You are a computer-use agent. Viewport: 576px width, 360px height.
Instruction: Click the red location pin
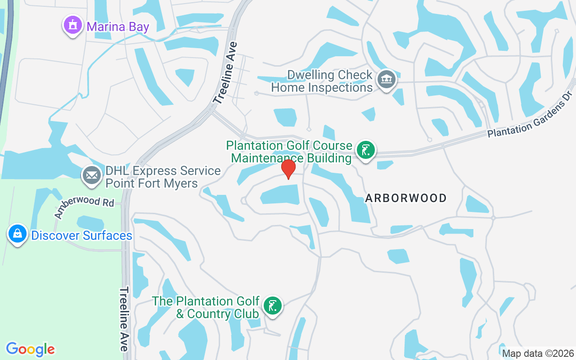[288, 169]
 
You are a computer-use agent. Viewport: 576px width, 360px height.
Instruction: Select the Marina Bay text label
[118, 27]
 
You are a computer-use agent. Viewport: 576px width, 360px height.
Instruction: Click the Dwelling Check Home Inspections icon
[386, 80]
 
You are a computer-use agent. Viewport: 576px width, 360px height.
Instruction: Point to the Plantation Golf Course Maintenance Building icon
[366, 150]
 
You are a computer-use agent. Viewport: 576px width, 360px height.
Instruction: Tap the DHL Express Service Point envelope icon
[92, 176]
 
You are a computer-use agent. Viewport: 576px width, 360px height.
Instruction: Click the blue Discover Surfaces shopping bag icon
[18, 234]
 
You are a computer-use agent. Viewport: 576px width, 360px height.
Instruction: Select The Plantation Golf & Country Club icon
[272, 306]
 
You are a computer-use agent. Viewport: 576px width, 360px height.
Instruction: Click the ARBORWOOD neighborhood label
[406, 198]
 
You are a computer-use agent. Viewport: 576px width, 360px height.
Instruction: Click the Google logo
[31, 349]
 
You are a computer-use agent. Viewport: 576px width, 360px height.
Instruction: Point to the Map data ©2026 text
[538, 353]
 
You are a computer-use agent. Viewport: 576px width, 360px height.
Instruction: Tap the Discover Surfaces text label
[81, 235]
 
